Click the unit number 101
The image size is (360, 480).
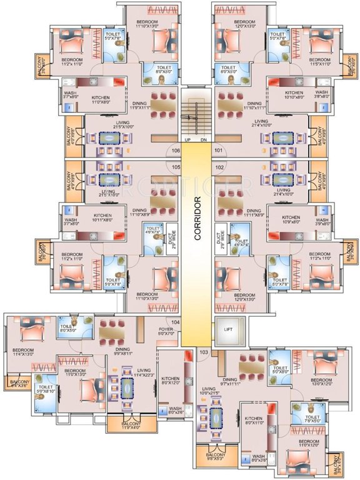(x=219, y=151)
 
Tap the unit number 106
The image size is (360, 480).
(x=176, y=151)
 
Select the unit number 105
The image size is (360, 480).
(x=176, y=167)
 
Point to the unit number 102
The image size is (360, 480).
(x=219, y=167)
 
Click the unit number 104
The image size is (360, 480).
(x=176, y=321)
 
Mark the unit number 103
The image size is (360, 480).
(x=203, y=352)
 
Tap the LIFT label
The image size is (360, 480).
(x=227, y=324)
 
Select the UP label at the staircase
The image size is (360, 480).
(x=187, y=139)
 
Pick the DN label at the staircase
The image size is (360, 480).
(x=204, y=139)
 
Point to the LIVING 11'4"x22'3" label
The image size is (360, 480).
(x=126, y=372)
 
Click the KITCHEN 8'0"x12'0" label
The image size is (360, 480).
(x=171, y=381)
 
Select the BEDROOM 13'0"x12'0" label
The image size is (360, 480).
(x=321, y=382)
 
